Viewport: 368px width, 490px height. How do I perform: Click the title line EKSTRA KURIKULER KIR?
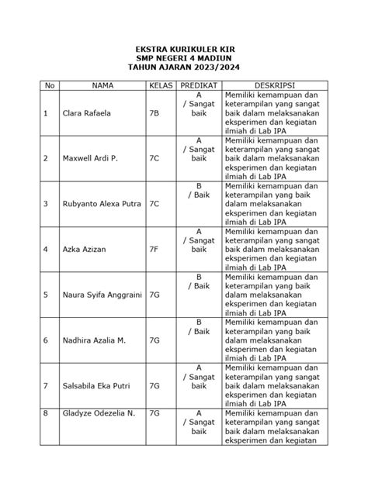[x=184, y=49]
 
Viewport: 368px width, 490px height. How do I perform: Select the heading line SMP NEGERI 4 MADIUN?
[x=184, y=58]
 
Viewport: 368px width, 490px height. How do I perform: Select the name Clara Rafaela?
[x=82, y=113]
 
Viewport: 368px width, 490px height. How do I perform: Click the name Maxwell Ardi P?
[x=85, y=158]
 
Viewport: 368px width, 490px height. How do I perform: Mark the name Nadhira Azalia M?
[x=88, y=340]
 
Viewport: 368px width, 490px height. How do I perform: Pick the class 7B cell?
[x=154, y=113]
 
